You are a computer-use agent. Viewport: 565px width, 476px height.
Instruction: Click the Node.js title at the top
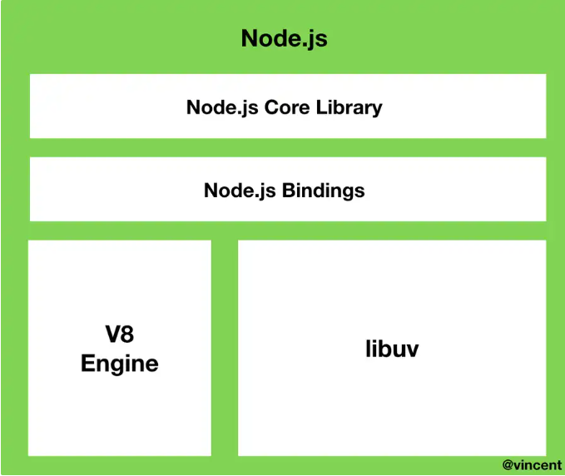click(x=284, y=38)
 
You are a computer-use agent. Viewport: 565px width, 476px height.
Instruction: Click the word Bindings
click(x=323, y=190)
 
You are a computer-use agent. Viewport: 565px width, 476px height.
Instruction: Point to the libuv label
click(x=392, y=349)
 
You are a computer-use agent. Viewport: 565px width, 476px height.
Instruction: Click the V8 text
click(x=119, y=335)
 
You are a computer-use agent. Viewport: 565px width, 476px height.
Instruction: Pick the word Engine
click(x=119, y=364)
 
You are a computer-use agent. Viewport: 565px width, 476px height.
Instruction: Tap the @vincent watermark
click(x=532, y=464)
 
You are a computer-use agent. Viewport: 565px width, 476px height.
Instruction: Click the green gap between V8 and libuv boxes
click(x=225, y=348)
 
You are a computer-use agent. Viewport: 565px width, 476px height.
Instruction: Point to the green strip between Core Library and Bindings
click(x=288, y=147)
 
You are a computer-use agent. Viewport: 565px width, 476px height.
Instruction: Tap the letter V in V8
click(x=112, y=335)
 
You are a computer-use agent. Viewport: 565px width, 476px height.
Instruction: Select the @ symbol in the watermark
click(x=508, y=464)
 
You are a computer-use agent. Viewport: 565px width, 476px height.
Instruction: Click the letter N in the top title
click(x=249, y=38)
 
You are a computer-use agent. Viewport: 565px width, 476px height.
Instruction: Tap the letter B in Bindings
click(x=289, y=190)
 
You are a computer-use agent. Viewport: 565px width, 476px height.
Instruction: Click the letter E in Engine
click(x=87, y=363)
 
